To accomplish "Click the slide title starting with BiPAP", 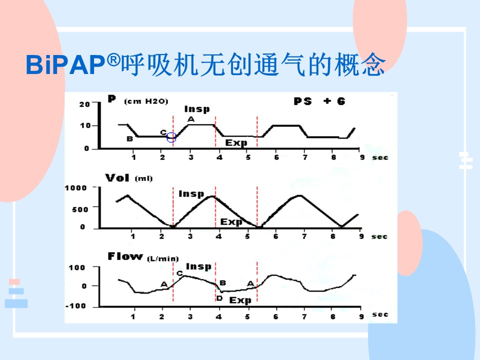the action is [205, 64].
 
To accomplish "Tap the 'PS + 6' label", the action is [319, 101].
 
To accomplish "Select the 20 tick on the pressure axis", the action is [84, 104].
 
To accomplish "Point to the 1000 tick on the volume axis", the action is [75, 187].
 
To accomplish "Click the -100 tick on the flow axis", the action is [75, 306].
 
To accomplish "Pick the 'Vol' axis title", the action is [117, 177].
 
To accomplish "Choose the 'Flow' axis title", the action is [125, 256].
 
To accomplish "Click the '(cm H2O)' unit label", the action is [146, 101].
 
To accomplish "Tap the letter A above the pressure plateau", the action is [191, 119].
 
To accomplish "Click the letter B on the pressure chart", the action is [130, 139].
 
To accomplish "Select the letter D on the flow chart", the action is [219, 298].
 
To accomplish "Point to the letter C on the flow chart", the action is [179, 273].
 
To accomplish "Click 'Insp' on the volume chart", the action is [191, 194].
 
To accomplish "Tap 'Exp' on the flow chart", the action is [240, 300].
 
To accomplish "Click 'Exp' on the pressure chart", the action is [236, 142].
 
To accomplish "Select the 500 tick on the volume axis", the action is [80, 209].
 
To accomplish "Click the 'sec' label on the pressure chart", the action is [380, 157].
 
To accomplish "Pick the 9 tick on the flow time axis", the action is [361, 316].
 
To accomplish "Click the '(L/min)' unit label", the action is [163, 258].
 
